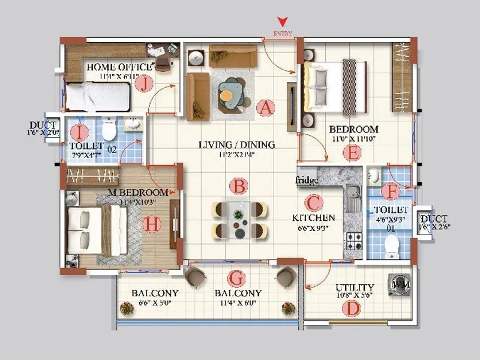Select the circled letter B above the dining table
coord(239,186)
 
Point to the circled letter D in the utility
coord(350,308)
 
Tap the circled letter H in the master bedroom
coord(153,224)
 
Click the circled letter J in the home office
coord(144,85)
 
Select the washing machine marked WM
coord(398,285)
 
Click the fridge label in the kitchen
coord(306,179)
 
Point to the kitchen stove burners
coord(353,241)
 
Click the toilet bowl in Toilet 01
coord(392,245)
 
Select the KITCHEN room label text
coord(313,217)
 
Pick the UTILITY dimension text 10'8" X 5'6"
coord(355,296)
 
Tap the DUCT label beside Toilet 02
coord(43,125)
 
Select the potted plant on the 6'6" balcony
coord(127,308)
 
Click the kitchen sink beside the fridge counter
coord(353,194)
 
